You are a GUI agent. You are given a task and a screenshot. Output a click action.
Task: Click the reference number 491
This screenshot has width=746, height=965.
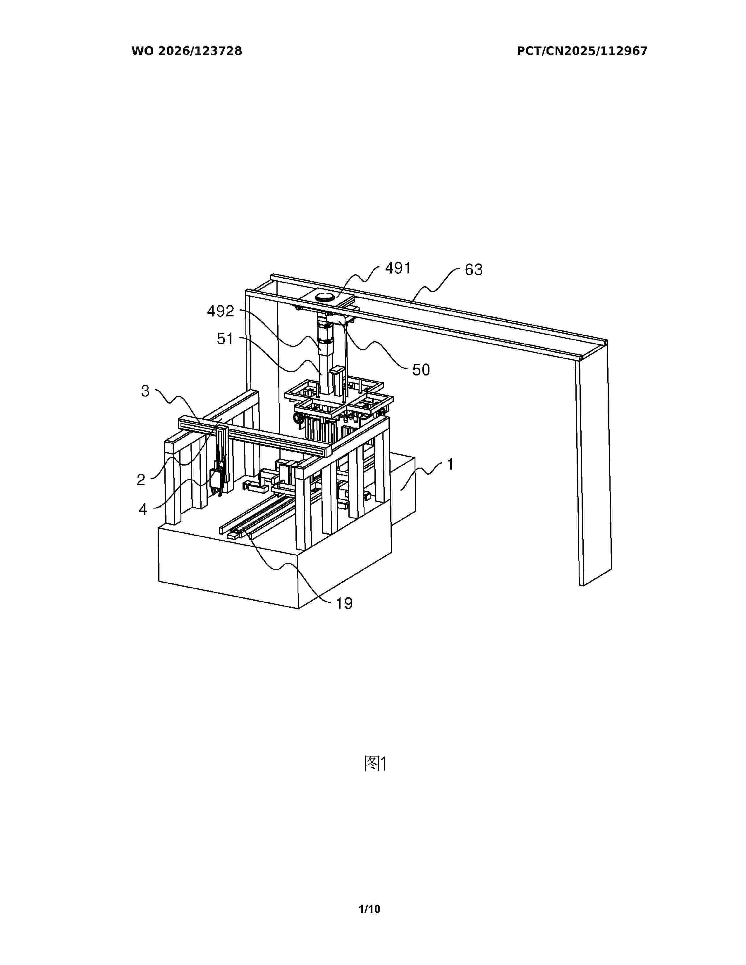coord(398,268)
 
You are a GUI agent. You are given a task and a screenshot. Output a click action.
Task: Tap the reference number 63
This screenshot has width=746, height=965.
coord(473,270)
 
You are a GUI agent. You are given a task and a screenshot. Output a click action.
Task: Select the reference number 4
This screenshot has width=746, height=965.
coord(143,509)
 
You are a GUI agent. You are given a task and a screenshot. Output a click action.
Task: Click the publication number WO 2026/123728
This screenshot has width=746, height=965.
coord(187,51)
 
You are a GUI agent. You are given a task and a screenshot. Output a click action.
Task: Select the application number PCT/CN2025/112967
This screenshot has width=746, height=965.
coord(582,51)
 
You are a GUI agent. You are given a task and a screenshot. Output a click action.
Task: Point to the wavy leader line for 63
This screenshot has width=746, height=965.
coord(434,286)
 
